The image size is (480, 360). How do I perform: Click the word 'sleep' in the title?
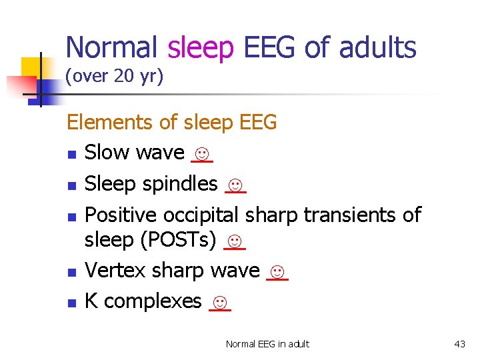coord(201,48)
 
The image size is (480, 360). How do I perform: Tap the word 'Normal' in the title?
coord(112,48)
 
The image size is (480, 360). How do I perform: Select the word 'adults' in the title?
coord(377,48)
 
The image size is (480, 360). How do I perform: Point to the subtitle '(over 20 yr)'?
coord(114,77)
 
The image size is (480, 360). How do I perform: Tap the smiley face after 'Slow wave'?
coord(201,154)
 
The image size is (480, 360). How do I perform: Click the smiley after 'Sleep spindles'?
coord(235,185)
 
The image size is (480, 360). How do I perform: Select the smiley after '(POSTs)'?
coord(235,241)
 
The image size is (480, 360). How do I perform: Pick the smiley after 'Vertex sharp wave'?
coord(277,271)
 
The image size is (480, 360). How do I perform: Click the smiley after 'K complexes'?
coord(219,302)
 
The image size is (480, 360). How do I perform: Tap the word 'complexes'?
coord(153,301)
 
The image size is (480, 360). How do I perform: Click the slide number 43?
coord(459,344)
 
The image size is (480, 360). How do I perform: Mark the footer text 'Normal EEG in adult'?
coord(267,344)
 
